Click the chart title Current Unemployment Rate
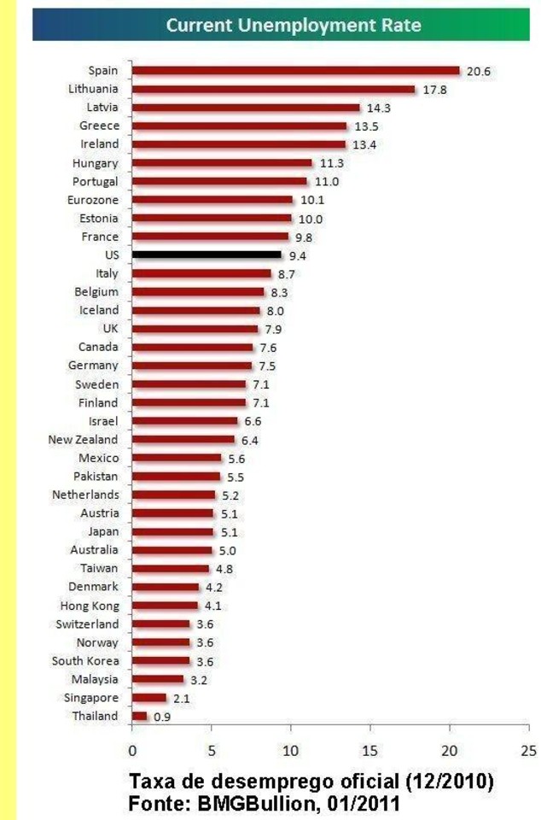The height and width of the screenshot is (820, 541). click(x=294, y=26)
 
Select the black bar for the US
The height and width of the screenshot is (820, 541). click(x=207, y=255)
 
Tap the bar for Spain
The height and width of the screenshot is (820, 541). click(x=296, y=71)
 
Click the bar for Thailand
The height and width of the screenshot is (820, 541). click(x=139, y=716)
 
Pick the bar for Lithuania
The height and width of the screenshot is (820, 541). click(x=274, y=89)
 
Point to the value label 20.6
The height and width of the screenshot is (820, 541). click(x=479, y=72)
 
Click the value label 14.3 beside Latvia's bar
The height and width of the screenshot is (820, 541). click(x=379, y=108)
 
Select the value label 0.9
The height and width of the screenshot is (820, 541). click(x=162, y=717)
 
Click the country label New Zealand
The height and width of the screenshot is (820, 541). click(x=83, y=439)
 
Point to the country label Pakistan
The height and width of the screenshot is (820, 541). click(x=96, y=476)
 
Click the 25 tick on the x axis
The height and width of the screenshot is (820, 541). click(x=528, y=751)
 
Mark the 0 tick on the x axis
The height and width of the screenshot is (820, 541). click(x=132, y=751)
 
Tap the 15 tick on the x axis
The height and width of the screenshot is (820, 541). click(x=369, y=751)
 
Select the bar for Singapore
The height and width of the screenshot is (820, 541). click(x=148, y=698)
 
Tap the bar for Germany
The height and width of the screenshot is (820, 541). click(x=192, y=366)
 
